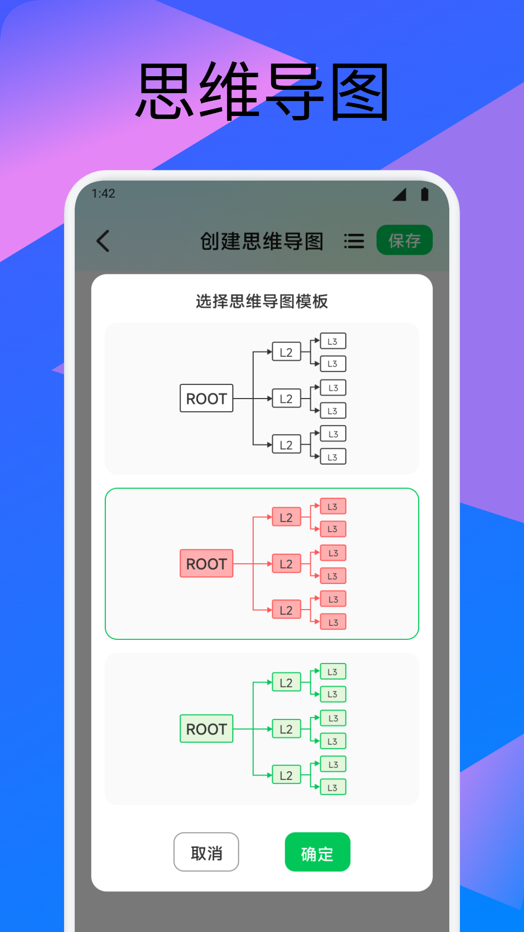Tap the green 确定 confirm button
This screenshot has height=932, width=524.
317,852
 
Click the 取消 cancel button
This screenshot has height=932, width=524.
206,852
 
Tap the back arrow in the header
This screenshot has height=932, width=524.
103,241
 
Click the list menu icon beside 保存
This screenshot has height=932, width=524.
354,241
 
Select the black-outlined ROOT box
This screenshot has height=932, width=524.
206,398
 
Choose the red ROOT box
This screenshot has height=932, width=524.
206,563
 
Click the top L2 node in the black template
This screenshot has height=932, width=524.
286,352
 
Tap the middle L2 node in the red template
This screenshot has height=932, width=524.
286,564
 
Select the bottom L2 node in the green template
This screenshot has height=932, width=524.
286,775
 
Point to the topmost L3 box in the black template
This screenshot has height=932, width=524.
333,341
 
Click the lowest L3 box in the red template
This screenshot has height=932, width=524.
333,622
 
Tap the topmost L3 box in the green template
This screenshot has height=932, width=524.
333,671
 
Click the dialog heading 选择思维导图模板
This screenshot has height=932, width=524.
262,301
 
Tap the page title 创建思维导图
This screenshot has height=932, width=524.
262,241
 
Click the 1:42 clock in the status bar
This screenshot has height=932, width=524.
103,194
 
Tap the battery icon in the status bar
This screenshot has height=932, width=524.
425,194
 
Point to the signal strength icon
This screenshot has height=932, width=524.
400,195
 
